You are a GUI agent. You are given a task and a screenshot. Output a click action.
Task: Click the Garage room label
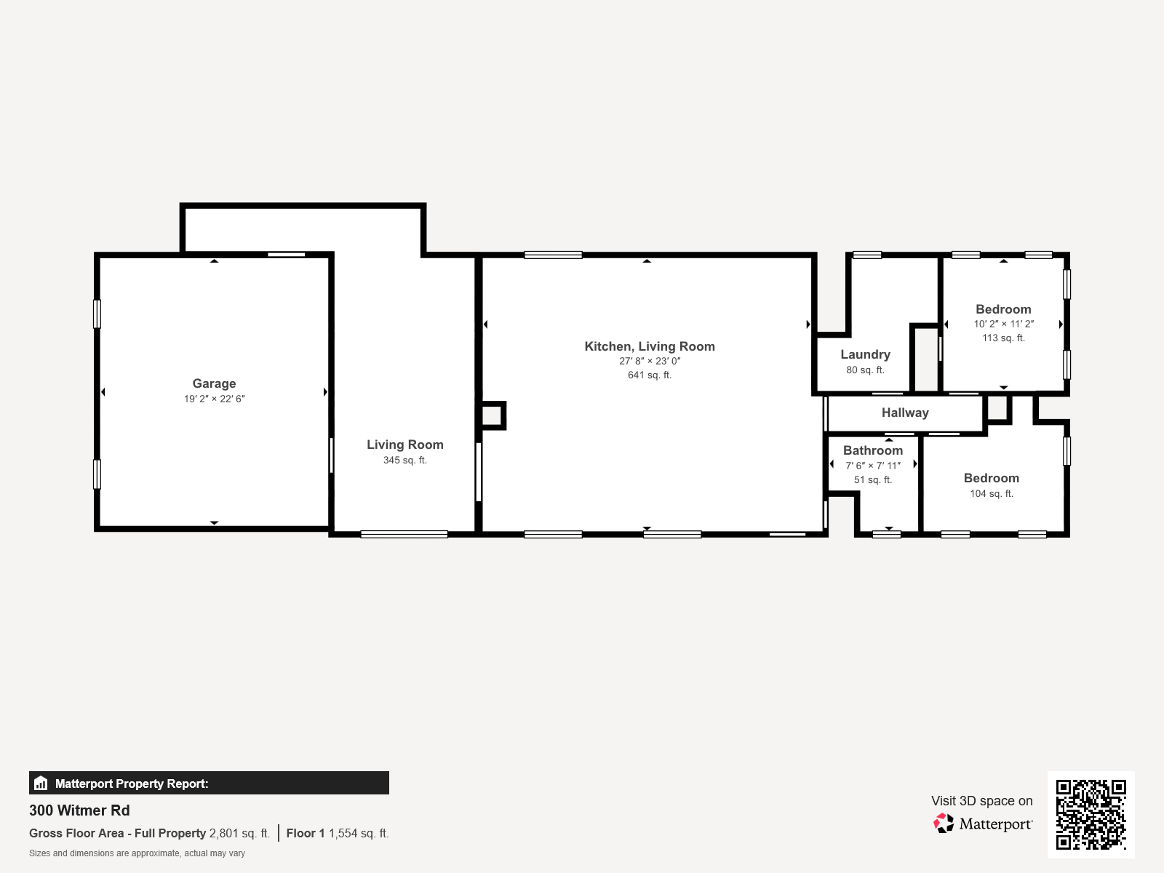[214, 383]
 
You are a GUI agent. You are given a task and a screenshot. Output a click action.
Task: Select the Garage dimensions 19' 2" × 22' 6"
[214, 399]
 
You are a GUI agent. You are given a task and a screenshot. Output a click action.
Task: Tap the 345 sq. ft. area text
[404, 460]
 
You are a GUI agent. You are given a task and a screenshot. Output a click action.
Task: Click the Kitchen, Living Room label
[649, 346]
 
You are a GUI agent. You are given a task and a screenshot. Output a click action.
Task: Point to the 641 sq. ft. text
[649, 375]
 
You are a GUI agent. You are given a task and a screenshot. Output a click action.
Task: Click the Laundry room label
[865, 354]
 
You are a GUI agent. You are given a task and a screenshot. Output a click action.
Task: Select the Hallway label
[904, 412]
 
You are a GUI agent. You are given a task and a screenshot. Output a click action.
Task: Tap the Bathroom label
[872, 450]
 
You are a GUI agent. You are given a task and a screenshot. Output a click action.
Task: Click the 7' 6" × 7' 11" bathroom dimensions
[872, 466]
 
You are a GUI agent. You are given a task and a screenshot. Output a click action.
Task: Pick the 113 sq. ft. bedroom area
[1002, 338]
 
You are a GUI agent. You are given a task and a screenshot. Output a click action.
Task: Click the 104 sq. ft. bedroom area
[991, 493]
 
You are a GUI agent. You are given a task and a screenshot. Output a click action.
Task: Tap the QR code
[1091, 814]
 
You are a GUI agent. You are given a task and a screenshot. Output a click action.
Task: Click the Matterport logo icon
[944, 824]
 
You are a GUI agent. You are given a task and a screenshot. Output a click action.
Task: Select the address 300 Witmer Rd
[79, 810]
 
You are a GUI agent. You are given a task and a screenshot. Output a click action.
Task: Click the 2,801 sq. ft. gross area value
[239, 833]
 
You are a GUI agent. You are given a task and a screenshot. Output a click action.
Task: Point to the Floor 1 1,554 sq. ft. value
[338, 833]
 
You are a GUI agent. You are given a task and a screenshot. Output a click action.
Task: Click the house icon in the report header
[41, 784]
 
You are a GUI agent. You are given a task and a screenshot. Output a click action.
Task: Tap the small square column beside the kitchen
[492, 415]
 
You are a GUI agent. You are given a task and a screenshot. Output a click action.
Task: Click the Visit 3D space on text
[981, 801]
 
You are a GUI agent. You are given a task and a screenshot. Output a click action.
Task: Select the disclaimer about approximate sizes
[137, 853]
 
